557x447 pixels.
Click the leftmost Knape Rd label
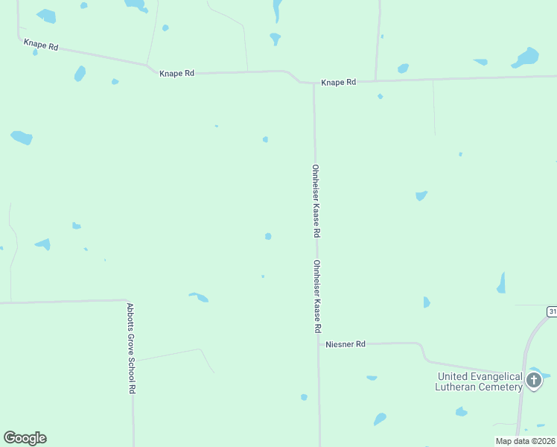[41, 45]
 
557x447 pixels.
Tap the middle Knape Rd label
[176, 73]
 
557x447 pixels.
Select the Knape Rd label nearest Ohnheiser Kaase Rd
[338, 82]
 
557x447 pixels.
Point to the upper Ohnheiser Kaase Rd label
[316, 200]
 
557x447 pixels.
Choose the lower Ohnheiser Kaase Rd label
[316, 296]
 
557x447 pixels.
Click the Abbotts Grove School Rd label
[130, 347]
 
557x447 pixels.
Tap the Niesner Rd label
[346, 344]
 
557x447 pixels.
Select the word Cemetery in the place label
[502, 387]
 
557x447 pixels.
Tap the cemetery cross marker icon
[533, 381]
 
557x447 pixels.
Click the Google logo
[25, 438]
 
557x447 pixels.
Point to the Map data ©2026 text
[525, 440]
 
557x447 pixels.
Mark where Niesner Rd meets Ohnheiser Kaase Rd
[318, 344]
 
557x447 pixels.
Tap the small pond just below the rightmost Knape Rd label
[380, 96]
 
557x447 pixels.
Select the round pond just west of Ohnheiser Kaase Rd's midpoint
[268, 236]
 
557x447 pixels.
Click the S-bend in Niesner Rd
[421, 352]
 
